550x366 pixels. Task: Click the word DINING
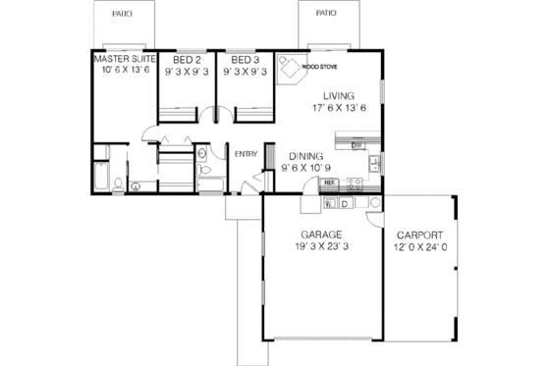[x=306, y=155]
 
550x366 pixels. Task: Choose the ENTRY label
[x=245, y=152]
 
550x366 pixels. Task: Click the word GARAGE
[x=321, y=235]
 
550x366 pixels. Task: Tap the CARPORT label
[x=419, y=235]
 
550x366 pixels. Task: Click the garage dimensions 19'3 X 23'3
[x=321, y=248]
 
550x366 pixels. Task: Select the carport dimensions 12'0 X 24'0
[x=420, y=248]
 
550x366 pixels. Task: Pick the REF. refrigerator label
[x=331, y=183]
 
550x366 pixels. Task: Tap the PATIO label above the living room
[x=325, y=15]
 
